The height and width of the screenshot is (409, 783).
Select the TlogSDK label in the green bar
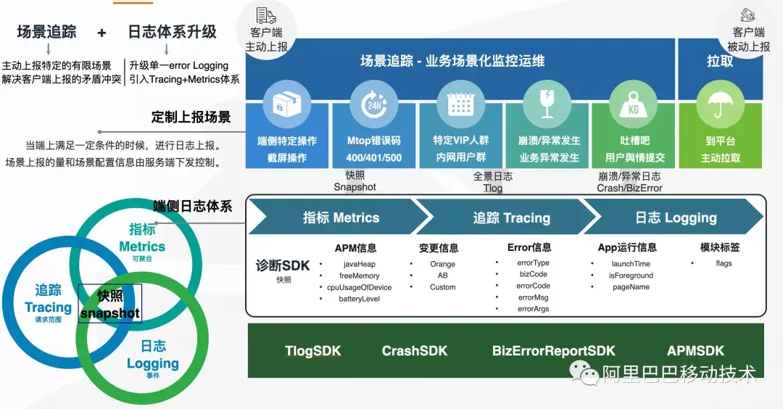click(312, 351)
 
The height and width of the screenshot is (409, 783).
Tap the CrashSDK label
click(415, 351)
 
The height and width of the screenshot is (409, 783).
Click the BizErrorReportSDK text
click(553, 351)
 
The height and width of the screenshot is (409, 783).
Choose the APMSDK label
click(695, 351)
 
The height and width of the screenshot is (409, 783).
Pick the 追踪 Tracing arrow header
click(511, 218)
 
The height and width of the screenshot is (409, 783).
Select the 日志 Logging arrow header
click(676, 218)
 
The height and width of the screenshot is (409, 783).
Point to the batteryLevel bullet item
click(359, 299)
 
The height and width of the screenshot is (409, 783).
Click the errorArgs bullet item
click(533, 309)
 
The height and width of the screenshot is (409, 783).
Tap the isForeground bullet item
click(631, 276)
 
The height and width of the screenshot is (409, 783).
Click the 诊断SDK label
click(283, 265)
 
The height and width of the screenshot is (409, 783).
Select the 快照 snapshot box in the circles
click(110, 304)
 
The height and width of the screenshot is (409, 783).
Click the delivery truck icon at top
click(266, 15)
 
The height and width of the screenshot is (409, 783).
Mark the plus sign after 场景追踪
click(101, 33)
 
